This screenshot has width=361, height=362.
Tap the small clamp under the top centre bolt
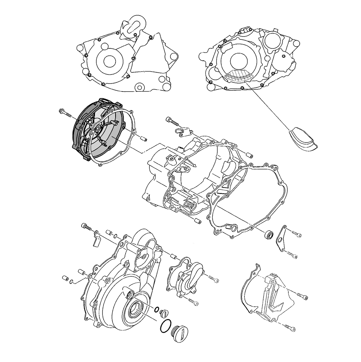click(181, 131)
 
